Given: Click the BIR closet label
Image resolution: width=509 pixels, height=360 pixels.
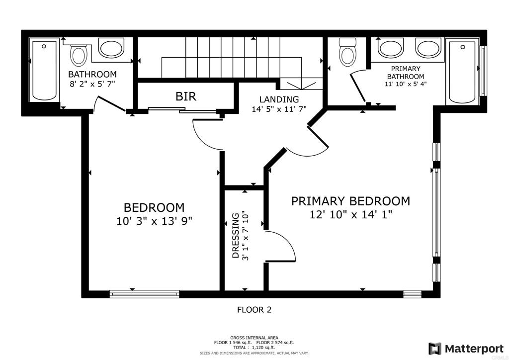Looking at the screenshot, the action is click(x=186, y=96).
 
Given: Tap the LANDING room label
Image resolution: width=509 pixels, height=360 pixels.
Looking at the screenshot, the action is click(x=279, y=99).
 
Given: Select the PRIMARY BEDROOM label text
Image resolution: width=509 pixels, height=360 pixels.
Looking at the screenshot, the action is click(x=350, y=201).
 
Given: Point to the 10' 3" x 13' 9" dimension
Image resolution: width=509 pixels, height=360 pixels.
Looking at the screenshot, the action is click(x=154, y=221).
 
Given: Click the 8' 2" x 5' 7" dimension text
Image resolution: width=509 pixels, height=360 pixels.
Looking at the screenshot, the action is click(x=92, y=84).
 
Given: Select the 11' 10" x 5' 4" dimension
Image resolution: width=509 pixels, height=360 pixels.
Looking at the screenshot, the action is click(x=406, y=84).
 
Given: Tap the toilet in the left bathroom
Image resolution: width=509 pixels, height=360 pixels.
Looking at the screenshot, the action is click(x=79, y=54).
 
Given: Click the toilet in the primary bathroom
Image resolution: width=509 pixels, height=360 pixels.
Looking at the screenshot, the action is click(x=347, y=52).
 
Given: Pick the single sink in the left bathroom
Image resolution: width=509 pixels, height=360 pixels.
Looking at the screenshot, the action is click(x=112, y=48).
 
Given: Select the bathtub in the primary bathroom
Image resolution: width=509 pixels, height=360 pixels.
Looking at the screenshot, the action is click(x=462, y=72).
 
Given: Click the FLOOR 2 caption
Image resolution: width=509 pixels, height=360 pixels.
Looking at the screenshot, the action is click(x=254, y=310).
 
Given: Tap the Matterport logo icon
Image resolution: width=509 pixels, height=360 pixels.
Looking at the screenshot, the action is click(x=434, y=349).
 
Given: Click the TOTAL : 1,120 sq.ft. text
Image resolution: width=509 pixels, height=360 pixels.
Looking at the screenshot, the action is click(x=254, y=348).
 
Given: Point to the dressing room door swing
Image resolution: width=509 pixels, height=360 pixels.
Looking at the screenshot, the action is click(x=280, y=246).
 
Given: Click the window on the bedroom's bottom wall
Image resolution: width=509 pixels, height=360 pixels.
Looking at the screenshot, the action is click(x=145, y=294).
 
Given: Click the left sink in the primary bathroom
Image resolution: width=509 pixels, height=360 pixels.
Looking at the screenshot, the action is click(x=391, y=49).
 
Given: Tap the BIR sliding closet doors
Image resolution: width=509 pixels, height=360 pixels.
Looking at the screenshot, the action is click(x=182, y=110).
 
